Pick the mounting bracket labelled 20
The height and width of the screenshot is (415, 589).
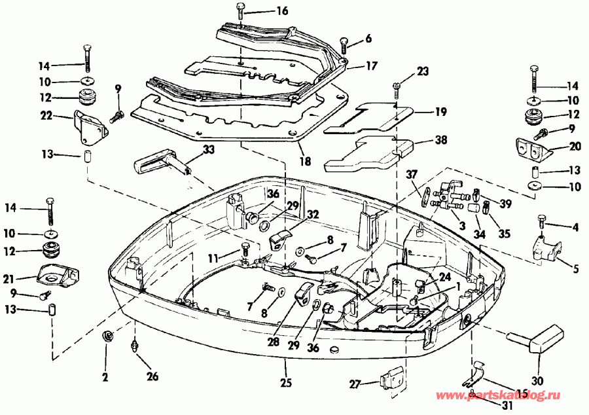(531, 149)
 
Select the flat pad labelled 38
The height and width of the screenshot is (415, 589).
(366, 151)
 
